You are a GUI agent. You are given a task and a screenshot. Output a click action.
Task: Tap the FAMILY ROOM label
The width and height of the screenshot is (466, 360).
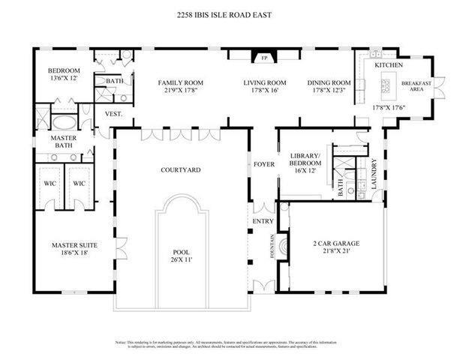pyautogui.click(x=181, y=82)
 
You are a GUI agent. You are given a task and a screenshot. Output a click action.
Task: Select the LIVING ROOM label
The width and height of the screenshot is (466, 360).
pyautogui.click(x=265, y=82)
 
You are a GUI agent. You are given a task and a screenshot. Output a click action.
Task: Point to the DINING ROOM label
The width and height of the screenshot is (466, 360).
pyautogui.click(x=329, y=82)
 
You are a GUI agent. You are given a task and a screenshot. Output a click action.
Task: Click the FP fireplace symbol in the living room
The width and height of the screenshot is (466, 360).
pyautogui.click(x=263, y=57)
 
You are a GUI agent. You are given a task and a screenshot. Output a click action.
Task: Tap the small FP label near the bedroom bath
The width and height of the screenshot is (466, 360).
pyautogui.click(x=128, y=57)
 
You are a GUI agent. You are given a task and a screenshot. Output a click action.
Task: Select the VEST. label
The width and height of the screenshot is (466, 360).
pyautogui.click(x=113, y=114)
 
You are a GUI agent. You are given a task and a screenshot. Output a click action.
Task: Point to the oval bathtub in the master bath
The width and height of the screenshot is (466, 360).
pyautogui.click(x=64, y=121)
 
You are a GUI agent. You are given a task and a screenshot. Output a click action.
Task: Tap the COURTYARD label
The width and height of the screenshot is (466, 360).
pyautogui.click(x=180, y=170)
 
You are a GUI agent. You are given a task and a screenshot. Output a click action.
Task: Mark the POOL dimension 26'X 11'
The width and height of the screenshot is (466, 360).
pyautogui.click(x=181, y=260)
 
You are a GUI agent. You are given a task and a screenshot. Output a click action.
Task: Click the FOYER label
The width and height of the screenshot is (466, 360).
pyautogui.click(x=263, y=163)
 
